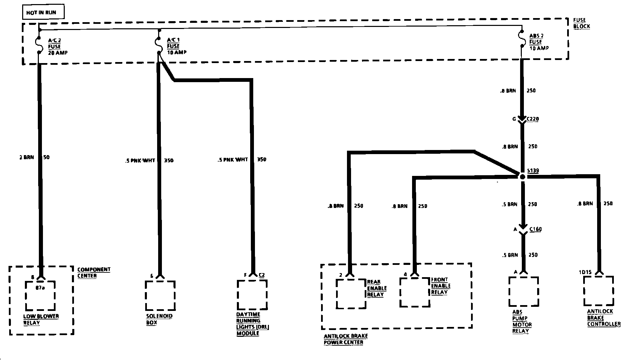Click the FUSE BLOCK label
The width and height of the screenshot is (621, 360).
click(581, 23)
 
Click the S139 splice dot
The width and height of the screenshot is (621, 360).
click(522, 177)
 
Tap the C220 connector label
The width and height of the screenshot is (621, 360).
click(533, 119)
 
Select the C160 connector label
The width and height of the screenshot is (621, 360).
click(535, 229)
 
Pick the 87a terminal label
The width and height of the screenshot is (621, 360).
click(40, 288)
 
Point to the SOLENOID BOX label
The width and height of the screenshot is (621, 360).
click(159, 319)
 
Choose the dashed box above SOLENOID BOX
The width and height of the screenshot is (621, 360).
click(160, 295)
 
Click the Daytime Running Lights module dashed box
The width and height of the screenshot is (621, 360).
click(252, 295)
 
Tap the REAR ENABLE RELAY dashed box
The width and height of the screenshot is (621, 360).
click(351, 294)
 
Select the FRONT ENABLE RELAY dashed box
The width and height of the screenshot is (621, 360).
click(415, 292)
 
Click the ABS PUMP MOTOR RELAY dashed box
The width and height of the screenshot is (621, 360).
click(524, 291)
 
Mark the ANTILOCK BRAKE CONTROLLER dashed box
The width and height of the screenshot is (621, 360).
click(599, 291)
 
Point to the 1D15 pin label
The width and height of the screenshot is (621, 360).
click(585, 272)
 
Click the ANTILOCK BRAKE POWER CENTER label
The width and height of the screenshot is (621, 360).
click(346, 339)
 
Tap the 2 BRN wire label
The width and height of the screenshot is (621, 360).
click(27, 157)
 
